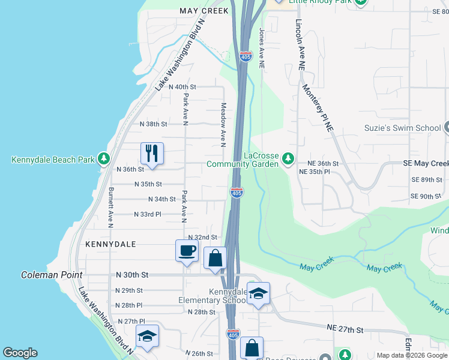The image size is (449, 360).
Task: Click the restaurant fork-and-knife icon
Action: pyautogui.click(x=152, y=152)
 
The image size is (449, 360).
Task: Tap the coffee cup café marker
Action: pyautogui.click(x=187, y=250)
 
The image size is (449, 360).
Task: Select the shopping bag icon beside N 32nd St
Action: pyautogui.click(x=215, y=258)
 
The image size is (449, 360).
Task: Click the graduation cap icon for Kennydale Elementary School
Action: pyautogui.click(x=258, y=293)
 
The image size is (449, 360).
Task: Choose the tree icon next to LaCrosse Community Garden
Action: pyautogui.click(x=289, y=158)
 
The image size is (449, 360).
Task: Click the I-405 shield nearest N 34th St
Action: pyautogui.click(x=236, y=193)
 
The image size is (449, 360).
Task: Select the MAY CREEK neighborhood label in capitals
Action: pyautogui.click(x=204, y=11)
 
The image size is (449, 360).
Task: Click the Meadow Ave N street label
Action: pyautogui.click(x=223, y=124)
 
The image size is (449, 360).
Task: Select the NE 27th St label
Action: pyautogui.click(x=345, y=329)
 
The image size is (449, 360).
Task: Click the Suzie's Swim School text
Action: pyautogui.click(x=402, y=128)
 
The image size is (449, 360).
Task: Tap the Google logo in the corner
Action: pyautogui.click(x=20, y=353)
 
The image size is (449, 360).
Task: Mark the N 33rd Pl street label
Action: pyautogui.click(x=147, y=214)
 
